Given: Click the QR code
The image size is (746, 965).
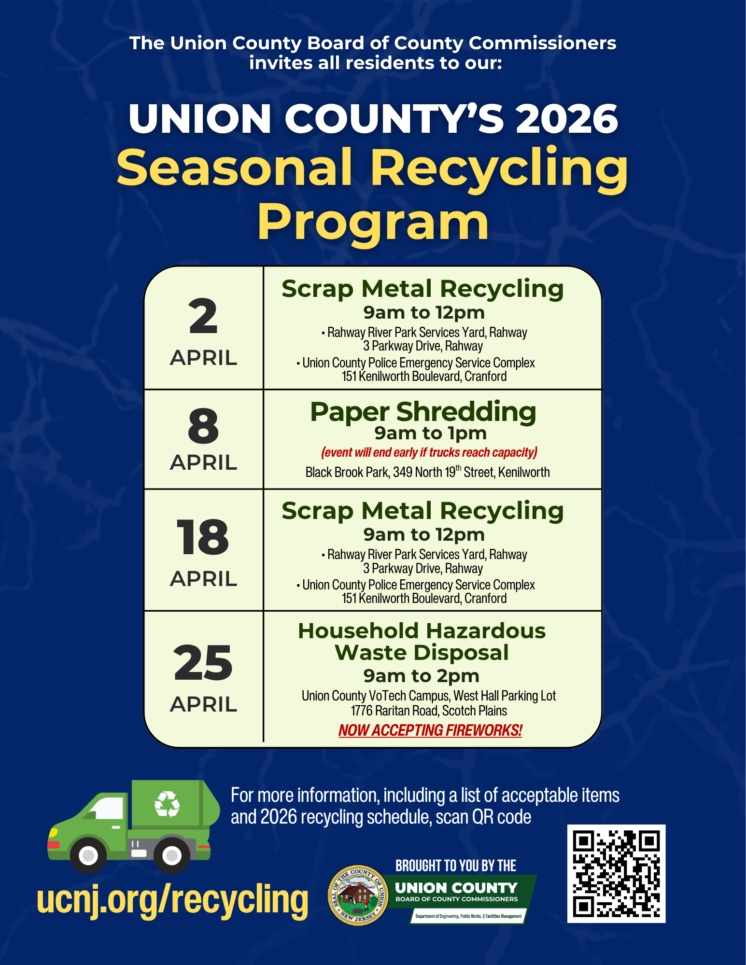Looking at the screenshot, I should click(x=616, y=873).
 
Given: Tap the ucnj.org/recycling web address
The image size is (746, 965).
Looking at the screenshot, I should click(x=172, y=899).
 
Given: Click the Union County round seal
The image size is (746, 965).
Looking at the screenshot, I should click(x=358, y=895).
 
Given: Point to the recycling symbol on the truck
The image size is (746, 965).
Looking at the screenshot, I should click(x=167, y=804).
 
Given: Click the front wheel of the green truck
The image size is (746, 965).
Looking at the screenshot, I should click(x=88, y=855).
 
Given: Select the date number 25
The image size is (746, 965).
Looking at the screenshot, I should click(x=203, y=663).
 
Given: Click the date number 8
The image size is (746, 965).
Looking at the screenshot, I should click(x=203, y=426).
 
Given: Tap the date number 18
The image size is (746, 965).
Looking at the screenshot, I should click(x=203, y=537).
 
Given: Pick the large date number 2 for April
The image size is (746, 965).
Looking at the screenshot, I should click(x=203, y=316).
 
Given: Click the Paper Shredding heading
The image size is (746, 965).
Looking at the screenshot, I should click(x=423, y=412).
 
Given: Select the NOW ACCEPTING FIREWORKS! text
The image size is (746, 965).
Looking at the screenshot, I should click(x=430, y=730).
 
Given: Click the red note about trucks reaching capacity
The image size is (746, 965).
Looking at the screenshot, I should click(x=429, y=452).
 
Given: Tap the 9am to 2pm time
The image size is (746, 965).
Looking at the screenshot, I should click(x=422, y=676).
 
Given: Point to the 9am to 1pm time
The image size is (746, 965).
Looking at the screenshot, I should click(x=430, y=433).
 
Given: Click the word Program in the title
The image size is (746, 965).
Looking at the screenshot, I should click(x=373, y=222).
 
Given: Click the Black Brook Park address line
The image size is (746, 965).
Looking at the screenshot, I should click(x=427, y=472).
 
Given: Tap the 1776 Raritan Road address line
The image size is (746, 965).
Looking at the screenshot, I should click(x=429, y=711).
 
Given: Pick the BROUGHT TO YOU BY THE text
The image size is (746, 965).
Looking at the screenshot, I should click(x=456, y=866).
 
